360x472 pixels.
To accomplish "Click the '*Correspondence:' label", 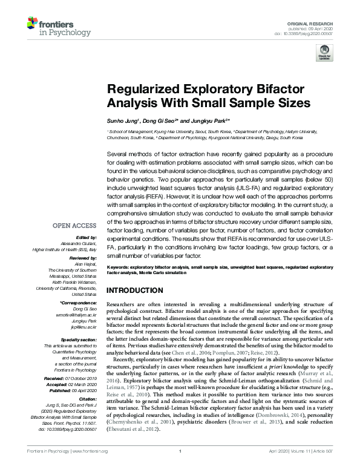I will click(79, 301).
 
